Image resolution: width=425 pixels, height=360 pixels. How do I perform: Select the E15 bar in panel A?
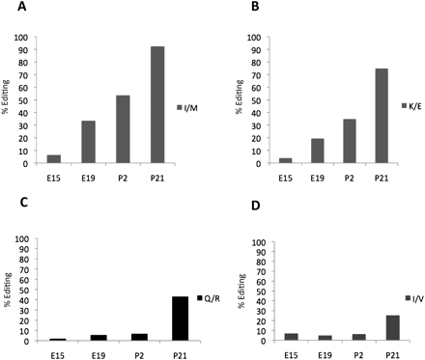(53, 159)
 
